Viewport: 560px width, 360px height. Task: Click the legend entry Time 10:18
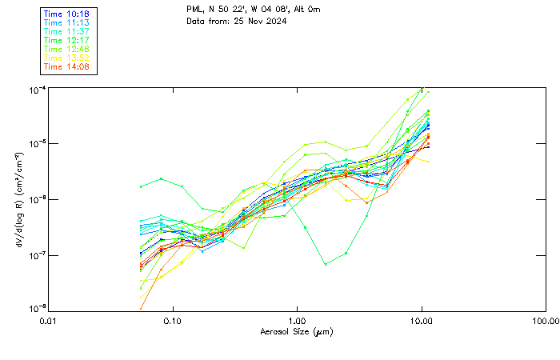tap(67, 14)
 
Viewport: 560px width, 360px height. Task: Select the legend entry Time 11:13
tap(67, 22)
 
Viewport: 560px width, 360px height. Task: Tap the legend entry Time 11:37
tap(67, 31)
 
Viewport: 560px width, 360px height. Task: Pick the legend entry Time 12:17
tap(67, 40)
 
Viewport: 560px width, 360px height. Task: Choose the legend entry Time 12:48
tap(67, 49)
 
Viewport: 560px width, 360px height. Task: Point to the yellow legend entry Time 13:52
tap(67, 58)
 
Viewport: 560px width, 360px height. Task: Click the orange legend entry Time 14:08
tap(67, 66)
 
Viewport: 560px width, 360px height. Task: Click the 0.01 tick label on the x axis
tap(49, 321)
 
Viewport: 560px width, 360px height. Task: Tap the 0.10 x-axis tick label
tap(173, 321)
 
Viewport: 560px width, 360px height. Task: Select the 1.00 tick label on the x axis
tap(298, 321)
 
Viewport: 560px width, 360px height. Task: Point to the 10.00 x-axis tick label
tap(422, 321)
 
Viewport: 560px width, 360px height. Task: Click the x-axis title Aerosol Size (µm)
tap(297, 331)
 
